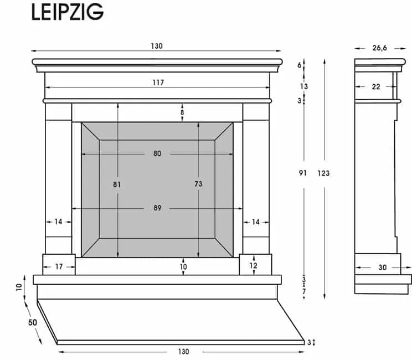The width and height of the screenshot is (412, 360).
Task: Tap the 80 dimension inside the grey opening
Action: coord(157,153)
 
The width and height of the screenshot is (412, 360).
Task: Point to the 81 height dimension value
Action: coord(117,184)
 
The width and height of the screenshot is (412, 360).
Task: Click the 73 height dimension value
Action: coord(198,184)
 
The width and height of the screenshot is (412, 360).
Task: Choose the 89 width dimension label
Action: coord(158,208)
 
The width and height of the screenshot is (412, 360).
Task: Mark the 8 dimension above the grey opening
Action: coord(182,112)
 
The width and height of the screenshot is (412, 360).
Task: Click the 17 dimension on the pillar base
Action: coord(59,267)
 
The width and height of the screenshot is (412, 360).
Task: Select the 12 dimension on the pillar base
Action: coord(254,265)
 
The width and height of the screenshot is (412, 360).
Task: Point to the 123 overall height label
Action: coord(323,173)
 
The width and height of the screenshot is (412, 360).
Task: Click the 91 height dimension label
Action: coord(303,173)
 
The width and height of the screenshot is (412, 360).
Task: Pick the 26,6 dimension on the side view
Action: coord(379,48)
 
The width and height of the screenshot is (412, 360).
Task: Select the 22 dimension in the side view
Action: coord(376,86)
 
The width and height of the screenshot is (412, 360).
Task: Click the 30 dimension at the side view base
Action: coord(382,268)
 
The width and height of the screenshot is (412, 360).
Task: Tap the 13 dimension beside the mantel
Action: coord(304,86)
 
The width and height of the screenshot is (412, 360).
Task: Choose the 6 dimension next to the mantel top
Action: coord(300,65)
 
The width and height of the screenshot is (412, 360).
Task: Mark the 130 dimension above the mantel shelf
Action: coord(157,46)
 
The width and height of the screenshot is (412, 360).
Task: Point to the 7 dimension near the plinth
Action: coord(304,291)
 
